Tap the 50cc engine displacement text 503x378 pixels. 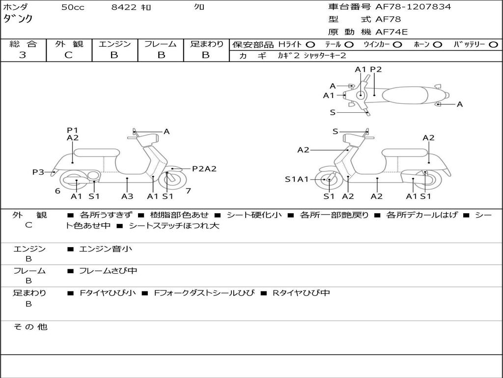coord(73,7)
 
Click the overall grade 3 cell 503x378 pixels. coord(23,55)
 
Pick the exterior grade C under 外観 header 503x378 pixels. coord(69,55)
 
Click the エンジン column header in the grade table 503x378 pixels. coord(114,44)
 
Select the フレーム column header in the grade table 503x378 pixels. coord(161,44)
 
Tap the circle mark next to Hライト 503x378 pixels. coord(310,44)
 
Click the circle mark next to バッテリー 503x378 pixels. coord(493,44)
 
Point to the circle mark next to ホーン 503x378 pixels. coord(438,44)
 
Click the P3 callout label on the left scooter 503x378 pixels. coord(38,172)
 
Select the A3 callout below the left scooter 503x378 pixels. coord(127,196)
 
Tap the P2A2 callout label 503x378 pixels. coord(204,168)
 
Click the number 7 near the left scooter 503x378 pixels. coord(188,190)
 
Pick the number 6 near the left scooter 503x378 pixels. coord(57,191)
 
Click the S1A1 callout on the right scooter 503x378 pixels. coord(297,179)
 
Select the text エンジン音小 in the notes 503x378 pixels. coord(106,249)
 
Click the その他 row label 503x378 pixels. coord(30,327)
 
